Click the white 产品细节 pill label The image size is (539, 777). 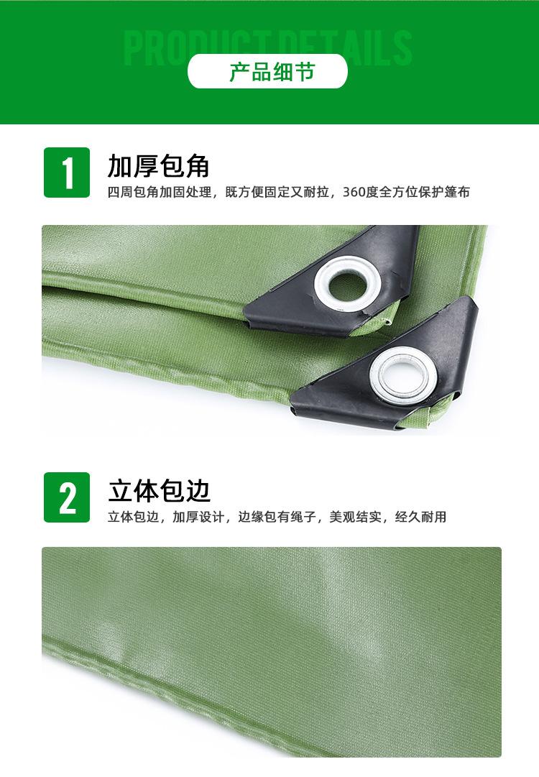(x=267, y=71)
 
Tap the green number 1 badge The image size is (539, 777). (x=67, y=173)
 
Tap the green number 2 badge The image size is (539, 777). (x=67, y=497)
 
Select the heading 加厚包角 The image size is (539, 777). (x=158, y=165)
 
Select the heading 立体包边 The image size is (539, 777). (x=159, y=491)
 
